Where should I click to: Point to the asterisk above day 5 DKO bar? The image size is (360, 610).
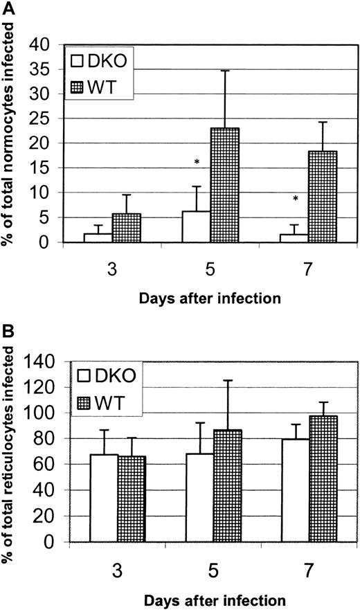coord(197,162)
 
